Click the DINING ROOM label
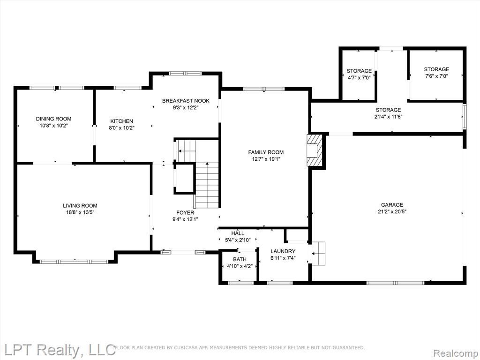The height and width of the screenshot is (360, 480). pyautogui.click(x=53, y=119)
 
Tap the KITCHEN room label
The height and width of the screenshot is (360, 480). pyautogui.click(x=121, y=121)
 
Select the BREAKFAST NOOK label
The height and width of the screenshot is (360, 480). pyautogui.click(x=186, y=101)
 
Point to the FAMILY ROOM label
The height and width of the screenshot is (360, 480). pyautogui.click(x=266, y=152)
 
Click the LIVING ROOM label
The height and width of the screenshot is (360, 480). pyautogui.click(x=80, y=206)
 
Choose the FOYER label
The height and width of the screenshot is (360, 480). pyautogui.click(x=185, y=212)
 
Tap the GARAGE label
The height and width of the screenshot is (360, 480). pyautogui.click(x=392, y=205)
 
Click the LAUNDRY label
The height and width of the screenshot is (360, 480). pyautogui.click(x=283, y=251)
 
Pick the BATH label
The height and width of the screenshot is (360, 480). pyautogui.click(x=240, y=259)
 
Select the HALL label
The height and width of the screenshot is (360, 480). pyautogui.click(x=238, y=233)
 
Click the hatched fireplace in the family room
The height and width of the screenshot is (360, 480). pyautogui.click(x=315, y=150)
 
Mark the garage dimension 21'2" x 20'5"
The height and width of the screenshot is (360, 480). pyautogui.click(x=392, y=211)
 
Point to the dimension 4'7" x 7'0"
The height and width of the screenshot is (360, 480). pyautogui.click(x=359, y=78)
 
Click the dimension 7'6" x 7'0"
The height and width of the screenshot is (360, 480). pyautogui.click(x=436, y=76)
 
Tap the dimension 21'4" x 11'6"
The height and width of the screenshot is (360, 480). pyautogui.click(x=388, y=117)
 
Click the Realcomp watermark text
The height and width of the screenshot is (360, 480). pyautogui.click(x=456, y=353)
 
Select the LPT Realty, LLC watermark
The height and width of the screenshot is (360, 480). pyautogui.click(x=58, y=350)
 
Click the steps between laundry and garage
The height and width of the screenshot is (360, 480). pyautogui.click(x=318, y=254)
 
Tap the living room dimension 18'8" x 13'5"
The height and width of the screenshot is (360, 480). pyautogui.click(x=80, y=212)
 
